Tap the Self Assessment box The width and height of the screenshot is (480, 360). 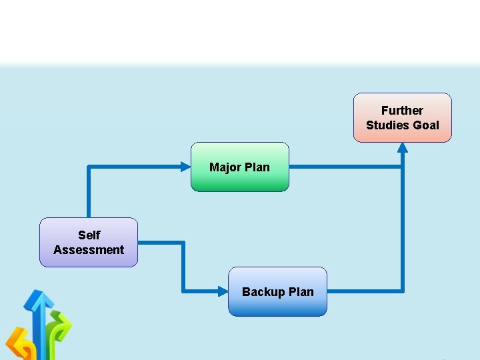point(89,242)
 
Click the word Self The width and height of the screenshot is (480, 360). point(89,235)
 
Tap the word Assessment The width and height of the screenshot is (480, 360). point(89,250)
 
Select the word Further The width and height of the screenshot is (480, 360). point(402,111)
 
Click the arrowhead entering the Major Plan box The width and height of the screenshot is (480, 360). point(186,167)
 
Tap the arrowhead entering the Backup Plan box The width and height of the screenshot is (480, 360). point(223,291)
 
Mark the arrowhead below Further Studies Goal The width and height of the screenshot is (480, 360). point(402,148)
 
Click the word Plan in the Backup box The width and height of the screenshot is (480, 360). point(301,292)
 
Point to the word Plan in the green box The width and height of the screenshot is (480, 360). point(257,167)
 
